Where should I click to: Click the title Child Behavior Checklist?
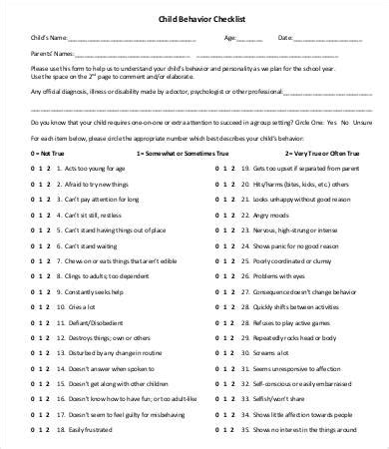[x=194, y=18]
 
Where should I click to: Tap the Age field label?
[x=229, y=39]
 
